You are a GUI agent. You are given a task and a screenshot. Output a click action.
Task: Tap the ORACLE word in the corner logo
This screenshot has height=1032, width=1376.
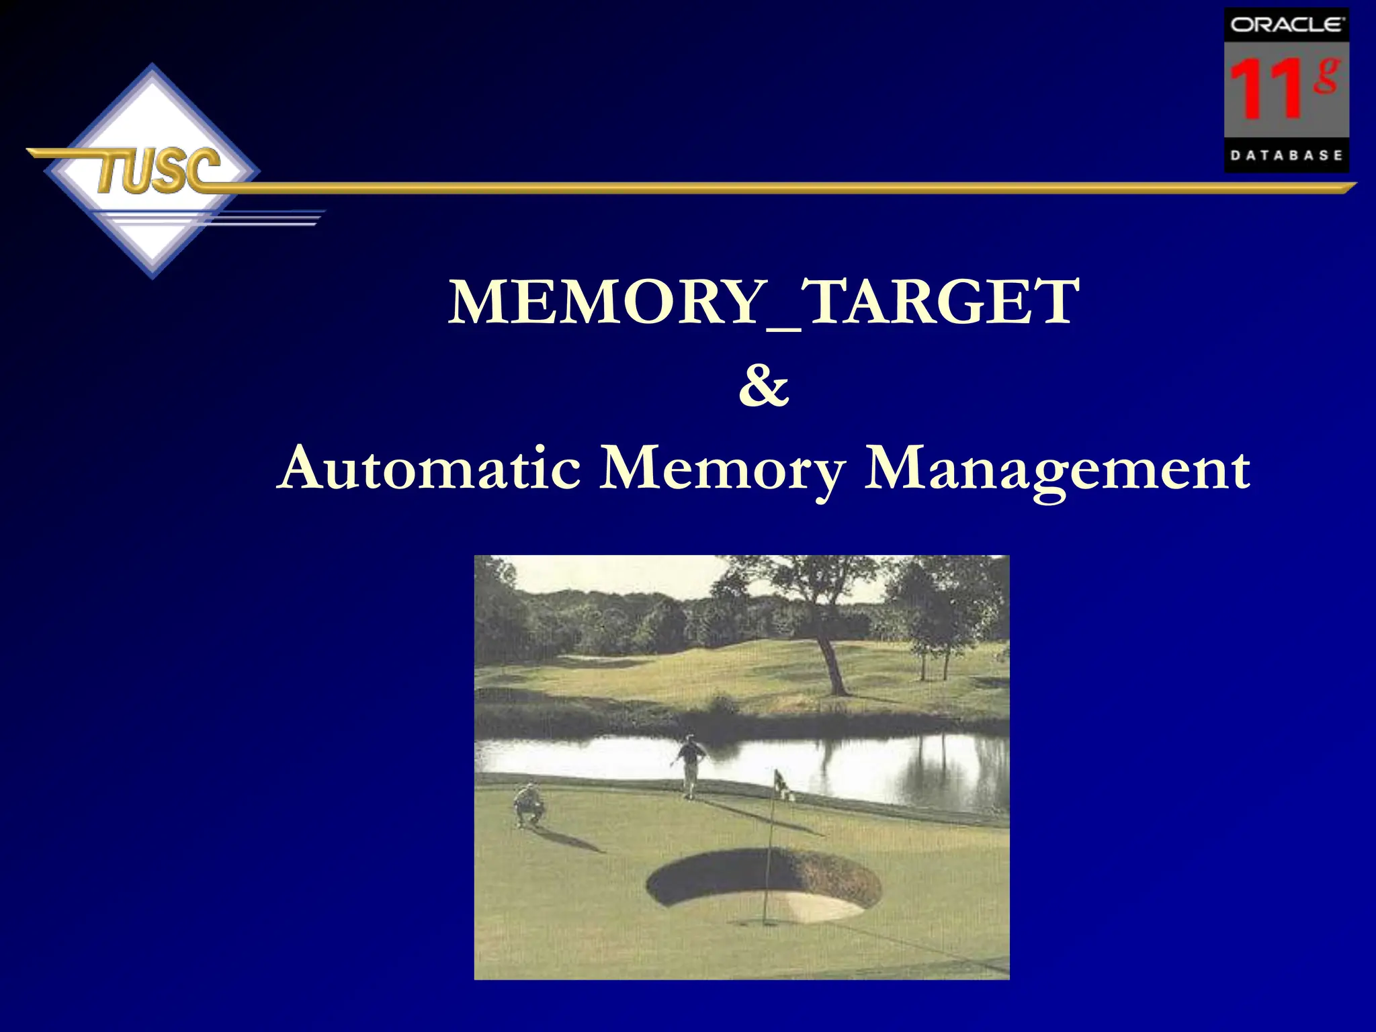1286,25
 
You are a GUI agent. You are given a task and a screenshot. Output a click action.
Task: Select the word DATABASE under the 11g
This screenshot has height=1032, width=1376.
1286,155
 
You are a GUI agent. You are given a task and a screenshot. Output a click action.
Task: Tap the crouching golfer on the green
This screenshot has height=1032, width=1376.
529,804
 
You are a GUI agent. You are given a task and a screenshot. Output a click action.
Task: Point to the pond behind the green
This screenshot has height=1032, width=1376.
873,759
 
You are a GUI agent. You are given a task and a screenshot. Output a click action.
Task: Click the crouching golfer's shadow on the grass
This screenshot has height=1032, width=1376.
571,840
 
